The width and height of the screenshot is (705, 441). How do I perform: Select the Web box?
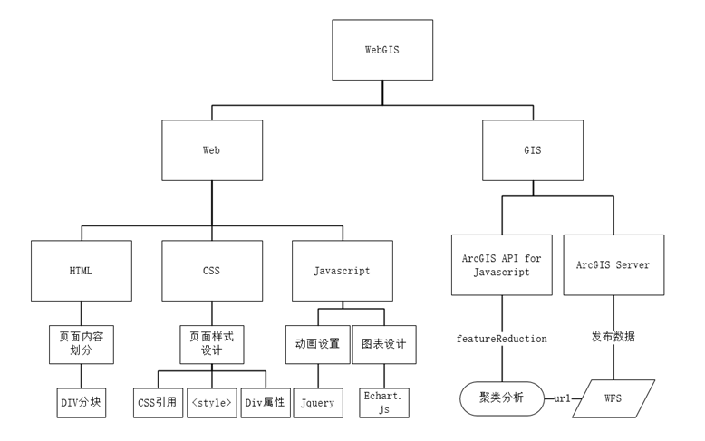coord(211,150)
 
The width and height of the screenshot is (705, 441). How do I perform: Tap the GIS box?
coord(533,150)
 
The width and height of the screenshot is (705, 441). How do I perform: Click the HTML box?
coord(81,270)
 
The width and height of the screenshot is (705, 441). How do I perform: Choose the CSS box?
coord(211,270)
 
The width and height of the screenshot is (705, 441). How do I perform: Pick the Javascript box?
coord(341,270)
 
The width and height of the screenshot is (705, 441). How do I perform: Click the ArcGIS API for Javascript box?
coord(501,264)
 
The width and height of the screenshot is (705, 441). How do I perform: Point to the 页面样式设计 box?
coord(211,343)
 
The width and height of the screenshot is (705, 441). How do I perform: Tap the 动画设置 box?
coord(317,343)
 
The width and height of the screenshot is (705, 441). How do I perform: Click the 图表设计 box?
coord(383,343)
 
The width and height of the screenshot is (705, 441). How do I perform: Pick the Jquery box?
coord(317,402)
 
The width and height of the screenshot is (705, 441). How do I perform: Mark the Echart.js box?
coord(383,402)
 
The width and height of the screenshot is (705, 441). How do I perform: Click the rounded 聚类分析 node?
coord(501,398)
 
